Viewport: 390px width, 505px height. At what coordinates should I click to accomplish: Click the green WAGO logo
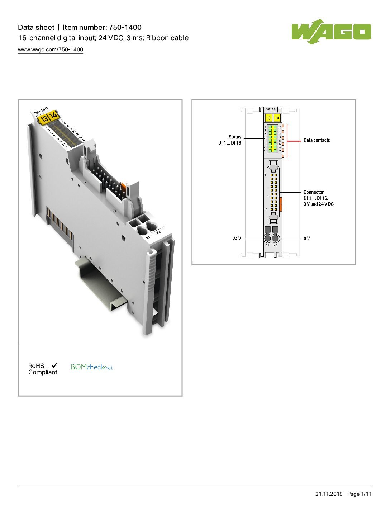tap(331, 32)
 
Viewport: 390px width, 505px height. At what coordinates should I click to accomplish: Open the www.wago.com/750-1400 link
tap(51, 50)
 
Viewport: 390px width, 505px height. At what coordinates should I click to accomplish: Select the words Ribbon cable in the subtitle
tap(167, 38)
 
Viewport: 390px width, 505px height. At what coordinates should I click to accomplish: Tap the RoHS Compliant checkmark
tap(54, 365)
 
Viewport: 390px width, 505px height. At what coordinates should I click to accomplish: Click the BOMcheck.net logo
tap(91, 367)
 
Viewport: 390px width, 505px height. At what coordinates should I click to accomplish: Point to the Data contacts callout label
tap(317, 140)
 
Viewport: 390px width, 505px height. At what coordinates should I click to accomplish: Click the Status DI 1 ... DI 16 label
tap(230, 140)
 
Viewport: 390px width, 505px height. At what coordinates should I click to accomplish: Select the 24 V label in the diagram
tap(237, 239)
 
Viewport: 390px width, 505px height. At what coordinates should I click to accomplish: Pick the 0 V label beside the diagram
tap(307, 239)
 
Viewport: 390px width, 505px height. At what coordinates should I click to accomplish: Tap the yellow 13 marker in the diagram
tap(268, 118)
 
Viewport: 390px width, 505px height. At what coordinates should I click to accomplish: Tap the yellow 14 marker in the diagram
tap(277, 118)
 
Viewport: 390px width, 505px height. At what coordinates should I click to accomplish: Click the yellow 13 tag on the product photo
tap(44, 119)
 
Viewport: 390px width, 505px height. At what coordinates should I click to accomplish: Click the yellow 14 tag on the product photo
tap(53, 115)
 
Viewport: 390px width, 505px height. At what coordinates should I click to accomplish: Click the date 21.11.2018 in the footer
tap(329, 494)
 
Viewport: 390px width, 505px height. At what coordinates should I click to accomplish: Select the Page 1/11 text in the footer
tap(359, 494)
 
